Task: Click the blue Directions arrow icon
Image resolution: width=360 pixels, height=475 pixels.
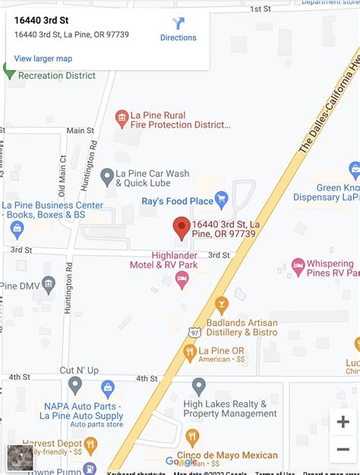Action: click(x=178, y=24)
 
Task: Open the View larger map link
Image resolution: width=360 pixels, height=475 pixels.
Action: click(x=43, y=59)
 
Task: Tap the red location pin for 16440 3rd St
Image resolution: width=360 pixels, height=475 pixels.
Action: click(x=182, y=228)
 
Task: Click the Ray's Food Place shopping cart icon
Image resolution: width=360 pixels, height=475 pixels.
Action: click(x=222, y=201)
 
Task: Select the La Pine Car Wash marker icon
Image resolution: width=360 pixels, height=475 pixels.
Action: click(x=107, y=177)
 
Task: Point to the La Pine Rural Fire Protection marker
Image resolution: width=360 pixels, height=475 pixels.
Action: click(x=121, y=118)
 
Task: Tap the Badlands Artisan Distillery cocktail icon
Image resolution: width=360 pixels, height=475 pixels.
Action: click(x=222, y=306)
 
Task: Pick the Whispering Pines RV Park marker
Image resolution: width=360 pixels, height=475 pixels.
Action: click(x=298, y=267)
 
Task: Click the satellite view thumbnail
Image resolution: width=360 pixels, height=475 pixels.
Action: click(x=21, y=457)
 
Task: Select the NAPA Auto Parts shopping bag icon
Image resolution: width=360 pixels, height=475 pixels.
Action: click(x=108, y=389)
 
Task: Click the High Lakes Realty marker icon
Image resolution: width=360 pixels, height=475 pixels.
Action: click(x=199, y=387)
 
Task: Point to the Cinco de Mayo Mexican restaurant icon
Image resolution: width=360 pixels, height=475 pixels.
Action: click(x=192, y=437)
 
